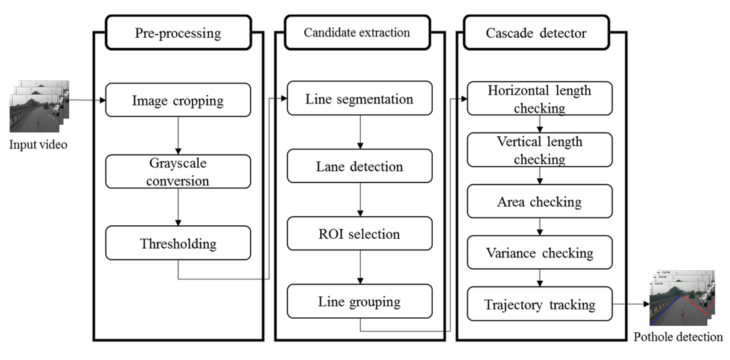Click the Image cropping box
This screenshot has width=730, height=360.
point(178,101)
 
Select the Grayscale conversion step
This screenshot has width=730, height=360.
point(178,172)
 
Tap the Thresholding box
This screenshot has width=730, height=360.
point(178,243)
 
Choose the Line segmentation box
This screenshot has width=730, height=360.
point(359,98)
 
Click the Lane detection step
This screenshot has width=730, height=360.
point(359,166)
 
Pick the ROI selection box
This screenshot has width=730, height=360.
point(359,234)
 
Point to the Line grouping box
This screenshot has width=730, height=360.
point(359,301)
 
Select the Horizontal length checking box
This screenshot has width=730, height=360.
point(539,99)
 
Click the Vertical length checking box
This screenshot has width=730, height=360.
point(539,150)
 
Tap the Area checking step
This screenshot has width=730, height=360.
point(539,202)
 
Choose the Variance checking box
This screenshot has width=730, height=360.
point(539,253)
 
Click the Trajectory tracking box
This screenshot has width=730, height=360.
point(539,304)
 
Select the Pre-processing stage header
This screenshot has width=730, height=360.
point(178,34)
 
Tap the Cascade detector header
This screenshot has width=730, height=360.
point(535,34)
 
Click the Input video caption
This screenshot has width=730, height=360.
point(38,145)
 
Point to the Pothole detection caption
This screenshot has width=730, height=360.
point(678,337)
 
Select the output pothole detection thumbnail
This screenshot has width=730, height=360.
point(680,299)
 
